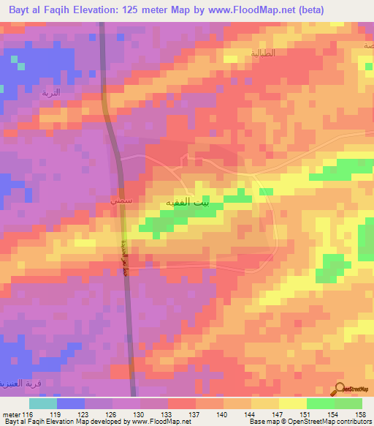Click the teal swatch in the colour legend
[x=43, y=403]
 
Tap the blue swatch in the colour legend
[x=71, y=403]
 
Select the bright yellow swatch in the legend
[x=292, y=403]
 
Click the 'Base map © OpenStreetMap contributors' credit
[x=308, y=422]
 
